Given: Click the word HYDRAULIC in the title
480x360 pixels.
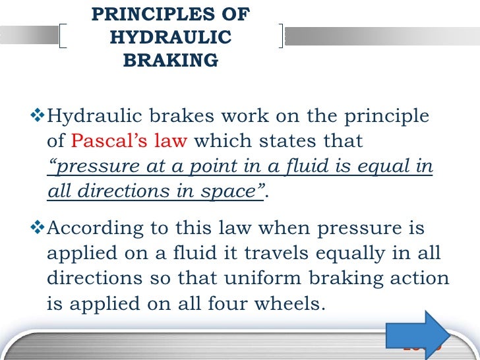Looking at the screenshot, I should pyautogui.click(x=170, y=38).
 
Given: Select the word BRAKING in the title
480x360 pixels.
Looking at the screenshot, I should pyautogui.click(x=170, y=61).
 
